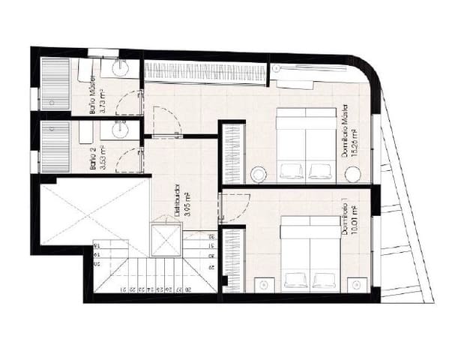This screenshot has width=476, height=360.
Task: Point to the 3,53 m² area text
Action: [102, 157]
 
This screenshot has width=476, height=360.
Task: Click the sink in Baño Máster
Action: [121, 68]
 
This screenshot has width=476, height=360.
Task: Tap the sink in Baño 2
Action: [119, 130]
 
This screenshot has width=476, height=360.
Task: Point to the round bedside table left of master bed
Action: [258, 174]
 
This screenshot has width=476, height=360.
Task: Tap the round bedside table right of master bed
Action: [353, 175]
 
